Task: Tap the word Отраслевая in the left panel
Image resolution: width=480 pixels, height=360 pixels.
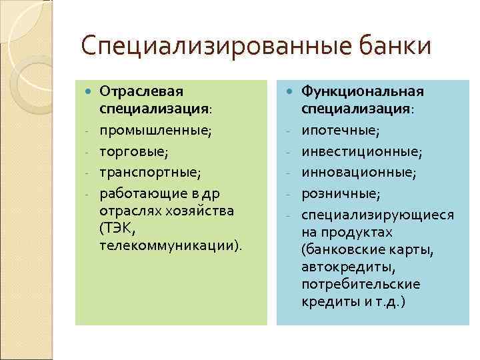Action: coord(141,91)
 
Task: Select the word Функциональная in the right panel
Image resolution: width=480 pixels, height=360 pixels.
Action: coord(363,91)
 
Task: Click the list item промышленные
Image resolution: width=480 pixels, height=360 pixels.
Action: coord(155,130)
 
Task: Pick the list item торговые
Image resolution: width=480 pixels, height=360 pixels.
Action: coord(132,151)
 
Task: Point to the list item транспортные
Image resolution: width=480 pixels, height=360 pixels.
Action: coord(150,173)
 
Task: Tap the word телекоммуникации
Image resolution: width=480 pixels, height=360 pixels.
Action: coord(167,246)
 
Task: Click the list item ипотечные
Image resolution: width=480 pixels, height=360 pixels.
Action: coord(341,130)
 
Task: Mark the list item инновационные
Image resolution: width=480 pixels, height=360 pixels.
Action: coord(359,173)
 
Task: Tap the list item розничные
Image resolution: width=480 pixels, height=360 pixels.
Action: coord(341,194)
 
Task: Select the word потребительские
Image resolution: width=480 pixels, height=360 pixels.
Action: coord(361,284)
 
